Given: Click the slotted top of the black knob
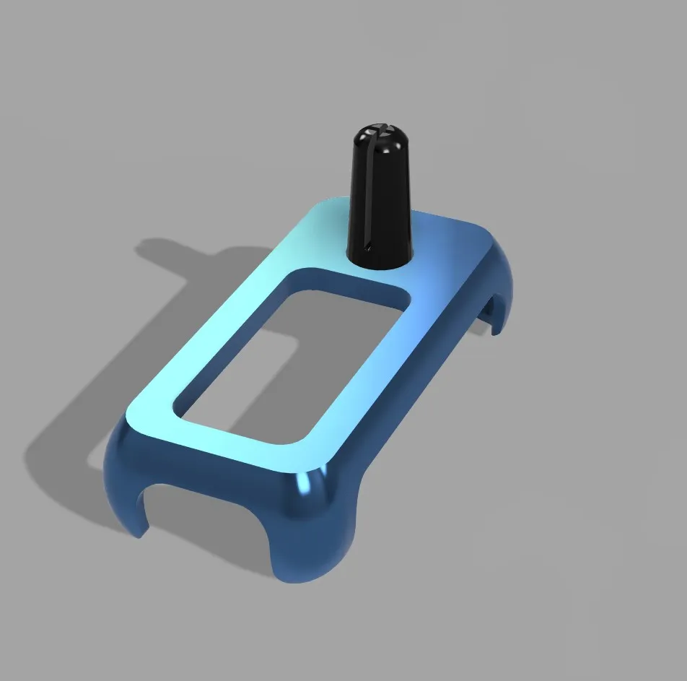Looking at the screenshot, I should point(380,134).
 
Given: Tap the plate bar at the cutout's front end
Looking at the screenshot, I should point(231,441).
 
